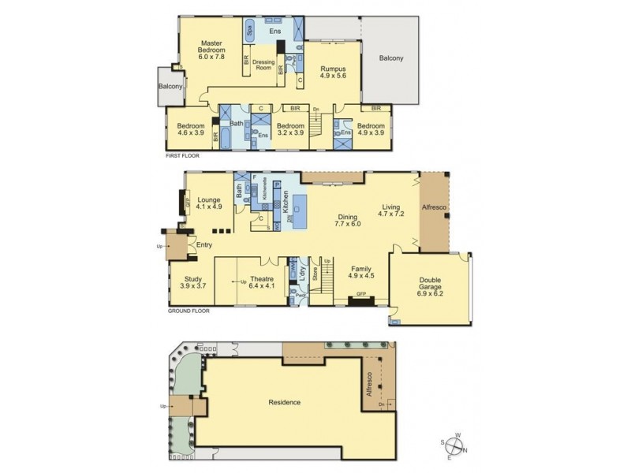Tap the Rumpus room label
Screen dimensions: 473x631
pos(334,73)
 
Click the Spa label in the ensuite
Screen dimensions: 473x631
pos(249,32)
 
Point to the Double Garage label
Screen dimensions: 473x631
pos(430,286)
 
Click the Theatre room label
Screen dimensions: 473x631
pos(261,282)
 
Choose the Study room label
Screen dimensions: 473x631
pos(194,282)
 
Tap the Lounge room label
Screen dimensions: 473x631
pos(209,203)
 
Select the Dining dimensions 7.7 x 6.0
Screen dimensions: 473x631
pos(347,223)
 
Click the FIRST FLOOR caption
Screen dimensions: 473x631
pos(182,156)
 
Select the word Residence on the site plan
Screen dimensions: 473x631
pos(284,402)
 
